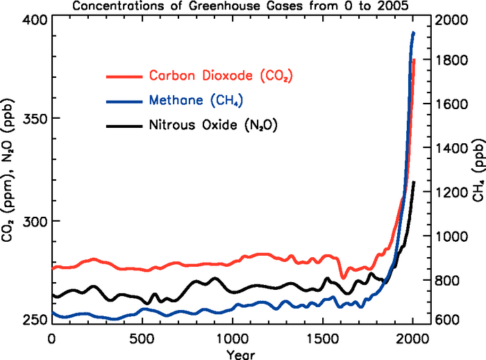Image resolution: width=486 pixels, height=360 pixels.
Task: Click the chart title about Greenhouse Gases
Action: point(244,6)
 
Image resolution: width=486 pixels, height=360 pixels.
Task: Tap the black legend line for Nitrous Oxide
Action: point(123,126)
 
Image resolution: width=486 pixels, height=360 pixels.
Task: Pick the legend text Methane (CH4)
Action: point(195,101)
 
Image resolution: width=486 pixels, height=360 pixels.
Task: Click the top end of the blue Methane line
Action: point(413,33)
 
